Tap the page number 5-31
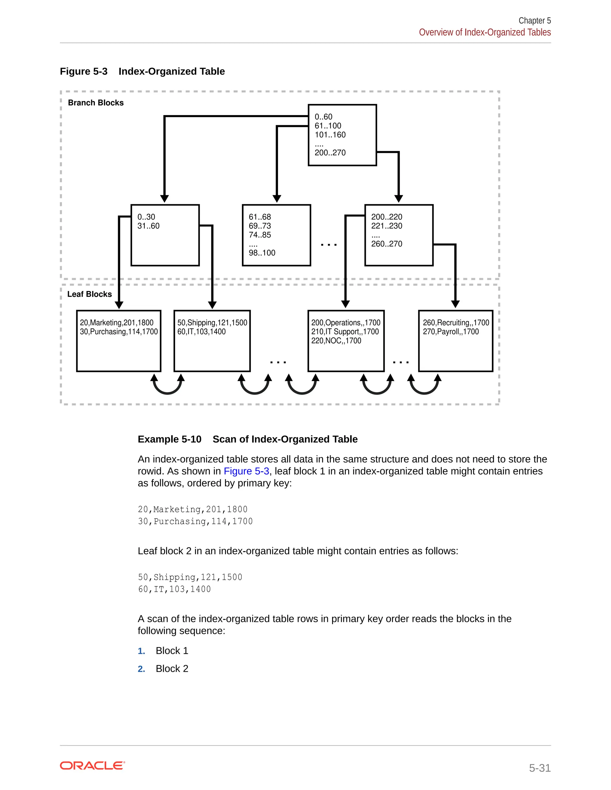coord(540,768)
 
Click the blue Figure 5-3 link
coord(246,471)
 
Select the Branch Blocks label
coord(95,103)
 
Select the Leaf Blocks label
coord(90,294)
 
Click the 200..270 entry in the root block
coord(330,153)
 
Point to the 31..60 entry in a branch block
coord(148,226)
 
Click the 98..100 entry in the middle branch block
coord(262,253)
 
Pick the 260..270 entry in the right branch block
coord(386,244)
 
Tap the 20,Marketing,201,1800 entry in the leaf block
coord(117,323)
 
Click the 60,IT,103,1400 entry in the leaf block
coord(201,332)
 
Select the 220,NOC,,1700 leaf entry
coord(336,341)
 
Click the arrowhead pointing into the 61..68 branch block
coord(277,199)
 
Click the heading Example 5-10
coord(169,439)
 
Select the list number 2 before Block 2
coord(141,669)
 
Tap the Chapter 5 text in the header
coord(534,21)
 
